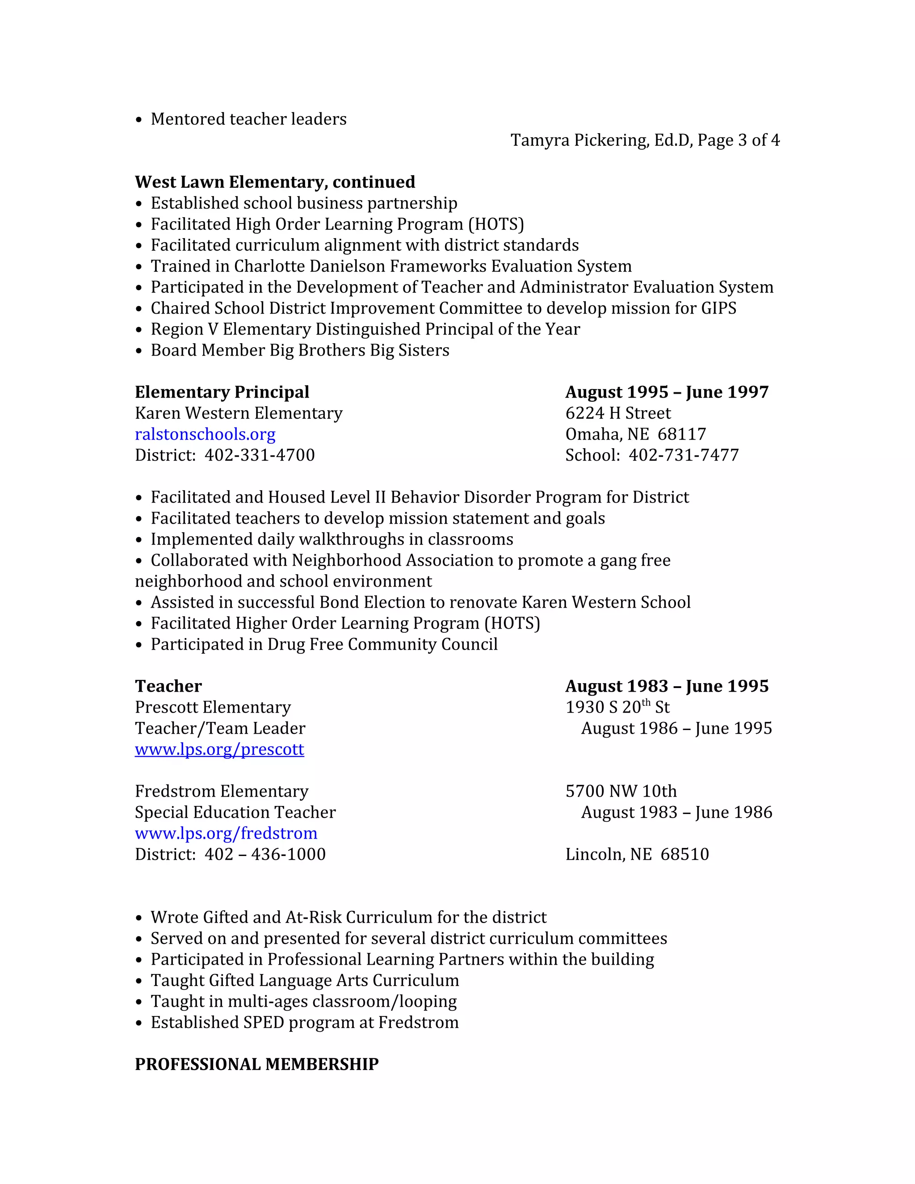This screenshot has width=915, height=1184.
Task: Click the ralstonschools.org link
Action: point(205,434)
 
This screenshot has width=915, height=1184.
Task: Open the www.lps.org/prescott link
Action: point(219,749)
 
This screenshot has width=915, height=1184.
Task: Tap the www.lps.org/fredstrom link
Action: point(226,833)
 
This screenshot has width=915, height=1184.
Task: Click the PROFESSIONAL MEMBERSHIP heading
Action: point(256,1064)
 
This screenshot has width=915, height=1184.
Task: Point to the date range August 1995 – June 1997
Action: point(666,392)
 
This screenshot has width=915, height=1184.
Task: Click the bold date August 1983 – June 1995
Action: point(666,686)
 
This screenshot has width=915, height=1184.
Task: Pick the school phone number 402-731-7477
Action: point(683,455)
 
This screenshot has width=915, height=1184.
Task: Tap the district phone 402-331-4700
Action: point(259,455)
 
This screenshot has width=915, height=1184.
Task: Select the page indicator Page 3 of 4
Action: point(738,140)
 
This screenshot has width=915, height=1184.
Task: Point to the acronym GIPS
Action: point(718,308)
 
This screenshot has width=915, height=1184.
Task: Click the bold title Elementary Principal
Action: point(222,392)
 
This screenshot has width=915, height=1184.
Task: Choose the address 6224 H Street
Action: point(617,413)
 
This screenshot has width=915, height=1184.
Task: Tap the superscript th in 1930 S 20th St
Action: point(646,703)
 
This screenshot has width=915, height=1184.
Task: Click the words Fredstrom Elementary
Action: point(221,792)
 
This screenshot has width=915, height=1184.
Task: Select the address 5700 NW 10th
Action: point(621,792)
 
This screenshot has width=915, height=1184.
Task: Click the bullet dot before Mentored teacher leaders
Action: point(139,120)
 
